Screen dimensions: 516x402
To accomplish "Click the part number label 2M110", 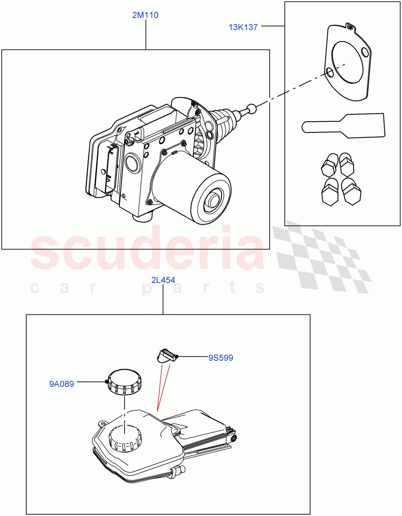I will [146, 15].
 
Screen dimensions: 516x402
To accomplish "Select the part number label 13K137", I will [243, 28].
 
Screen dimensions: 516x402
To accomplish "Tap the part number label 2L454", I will [163, 280].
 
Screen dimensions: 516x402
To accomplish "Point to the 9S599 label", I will [221, 358].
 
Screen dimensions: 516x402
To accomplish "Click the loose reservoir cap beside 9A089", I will [125, 381].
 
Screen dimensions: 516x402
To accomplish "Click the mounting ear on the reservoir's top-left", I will [103, 424].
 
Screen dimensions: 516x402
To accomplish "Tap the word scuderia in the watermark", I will [146, 252].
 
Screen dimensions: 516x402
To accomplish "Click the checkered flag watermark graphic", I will [322, 258].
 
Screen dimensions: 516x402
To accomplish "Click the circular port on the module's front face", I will [132, 164].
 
